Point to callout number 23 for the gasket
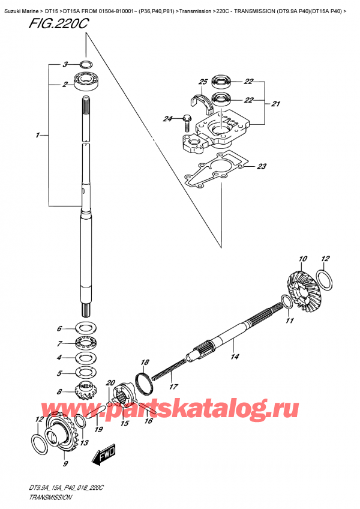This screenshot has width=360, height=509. coord(261,167)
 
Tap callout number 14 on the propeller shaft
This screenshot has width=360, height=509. coord(235,357)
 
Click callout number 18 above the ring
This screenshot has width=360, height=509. coord(144,362)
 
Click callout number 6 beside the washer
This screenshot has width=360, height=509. coord(59,328)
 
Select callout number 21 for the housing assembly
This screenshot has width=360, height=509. coord(275,104)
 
